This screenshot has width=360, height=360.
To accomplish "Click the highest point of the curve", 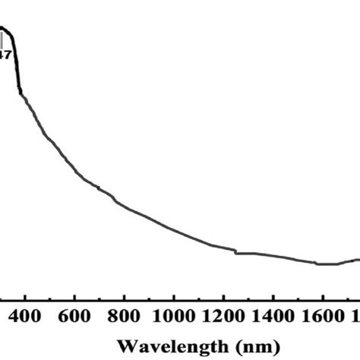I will point(4,28).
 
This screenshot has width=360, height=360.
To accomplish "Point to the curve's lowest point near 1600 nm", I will point(327,264).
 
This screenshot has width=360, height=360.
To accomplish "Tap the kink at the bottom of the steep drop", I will point(21,93).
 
